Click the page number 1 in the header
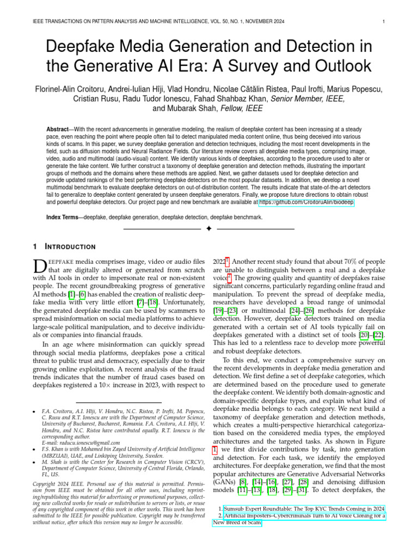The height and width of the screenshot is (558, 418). click(384, 22)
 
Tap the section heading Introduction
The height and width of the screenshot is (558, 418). click(72, 247)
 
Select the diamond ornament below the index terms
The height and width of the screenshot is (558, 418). click(208, 229)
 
